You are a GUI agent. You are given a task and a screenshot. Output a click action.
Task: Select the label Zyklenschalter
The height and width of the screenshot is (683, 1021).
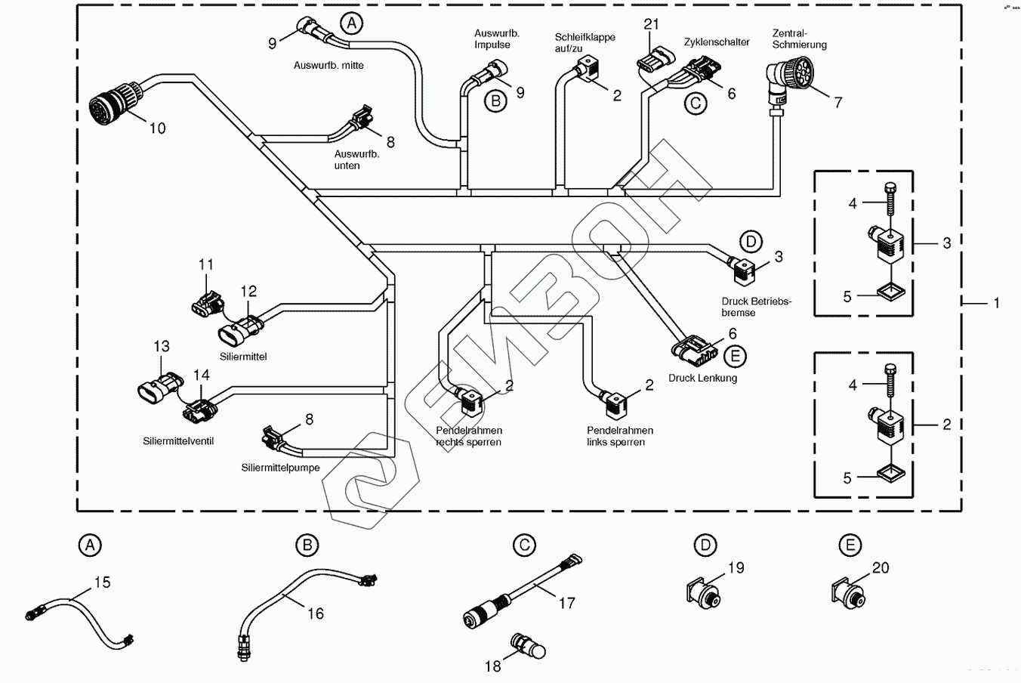[x=717, y=42]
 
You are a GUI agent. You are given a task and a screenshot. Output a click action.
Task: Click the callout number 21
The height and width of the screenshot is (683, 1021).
[x=652, y=24]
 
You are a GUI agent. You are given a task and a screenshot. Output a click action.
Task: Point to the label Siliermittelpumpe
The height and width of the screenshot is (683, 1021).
[x=280, y=468]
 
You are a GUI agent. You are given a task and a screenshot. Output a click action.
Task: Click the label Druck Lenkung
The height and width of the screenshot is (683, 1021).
[x=702, y=378]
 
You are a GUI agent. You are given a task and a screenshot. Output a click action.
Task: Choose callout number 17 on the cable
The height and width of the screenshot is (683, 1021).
[x=566, y=602]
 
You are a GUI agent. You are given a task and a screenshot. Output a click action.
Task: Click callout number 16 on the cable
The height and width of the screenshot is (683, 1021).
[x=316, y=613]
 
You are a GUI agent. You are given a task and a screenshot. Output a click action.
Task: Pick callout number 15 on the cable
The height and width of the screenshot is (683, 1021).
[x=102, y=582]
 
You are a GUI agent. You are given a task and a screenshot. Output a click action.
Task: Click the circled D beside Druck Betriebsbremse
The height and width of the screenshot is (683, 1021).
[x=751, y=242]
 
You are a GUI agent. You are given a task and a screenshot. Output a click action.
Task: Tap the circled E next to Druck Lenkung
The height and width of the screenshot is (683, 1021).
[x=734, y=356]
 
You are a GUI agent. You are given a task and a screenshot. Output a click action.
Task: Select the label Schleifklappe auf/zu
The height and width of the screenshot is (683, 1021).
[x=585, y=42]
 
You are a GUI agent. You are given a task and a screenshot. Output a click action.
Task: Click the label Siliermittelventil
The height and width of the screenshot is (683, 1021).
[x=178, y=440]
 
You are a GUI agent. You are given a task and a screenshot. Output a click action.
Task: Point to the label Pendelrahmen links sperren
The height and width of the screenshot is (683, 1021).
[x=619, y=436]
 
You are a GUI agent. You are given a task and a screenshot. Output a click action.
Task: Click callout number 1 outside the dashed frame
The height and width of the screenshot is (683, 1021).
[x=996, y=303]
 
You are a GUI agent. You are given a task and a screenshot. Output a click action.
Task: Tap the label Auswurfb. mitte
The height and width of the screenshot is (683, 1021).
[x=329, y=66]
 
